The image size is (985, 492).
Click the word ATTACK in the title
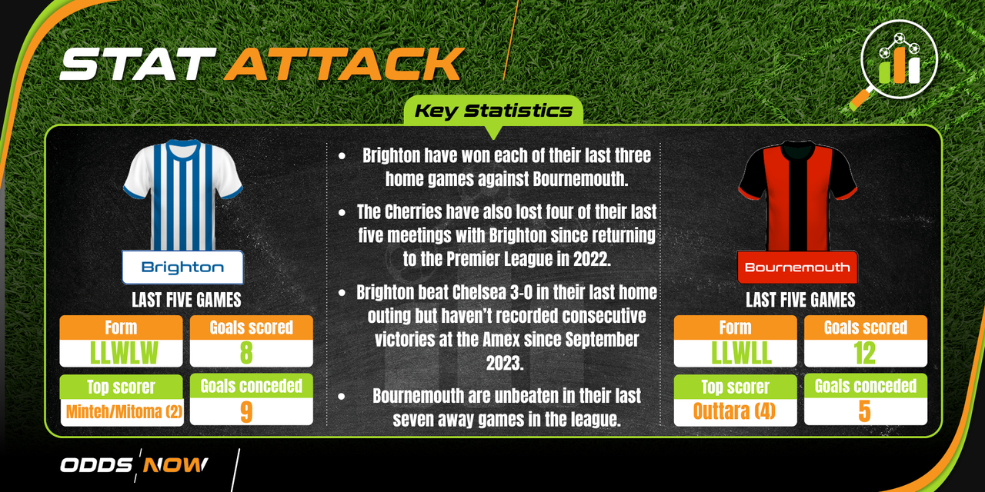point(344,64)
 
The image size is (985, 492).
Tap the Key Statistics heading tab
point(493,111)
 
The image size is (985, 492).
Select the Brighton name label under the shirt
point(182,267)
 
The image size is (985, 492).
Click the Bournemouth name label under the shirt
point(797,267)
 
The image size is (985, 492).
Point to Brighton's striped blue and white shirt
point(182,195)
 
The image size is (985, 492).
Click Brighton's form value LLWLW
point(124,353)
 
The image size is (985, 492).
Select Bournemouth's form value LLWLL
point(741,353)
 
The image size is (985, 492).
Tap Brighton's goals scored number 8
point(246,353)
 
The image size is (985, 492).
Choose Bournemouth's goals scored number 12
point(864,353)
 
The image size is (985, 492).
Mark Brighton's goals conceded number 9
point(246,411)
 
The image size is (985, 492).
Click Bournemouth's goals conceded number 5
point(864,411)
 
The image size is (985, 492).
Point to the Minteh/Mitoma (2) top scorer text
point(124,412)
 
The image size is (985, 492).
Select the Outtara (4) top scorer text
point(734,411)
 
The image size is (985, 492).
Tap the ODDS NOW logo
point(134,465)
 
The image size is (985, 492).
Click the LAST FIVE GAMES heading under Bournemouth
point(800,300)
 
